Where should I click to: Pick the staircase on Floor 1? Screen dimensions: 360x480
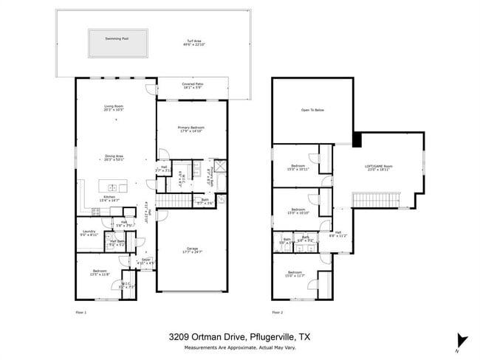pyautogui.click(x=177, y=201)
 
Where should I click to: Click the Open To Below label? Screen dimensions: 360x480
pyautogui.click(x=310, y=110)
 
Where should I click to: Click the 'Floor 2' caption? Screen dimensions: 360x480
pyautogui.click(x=277, y=313)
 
